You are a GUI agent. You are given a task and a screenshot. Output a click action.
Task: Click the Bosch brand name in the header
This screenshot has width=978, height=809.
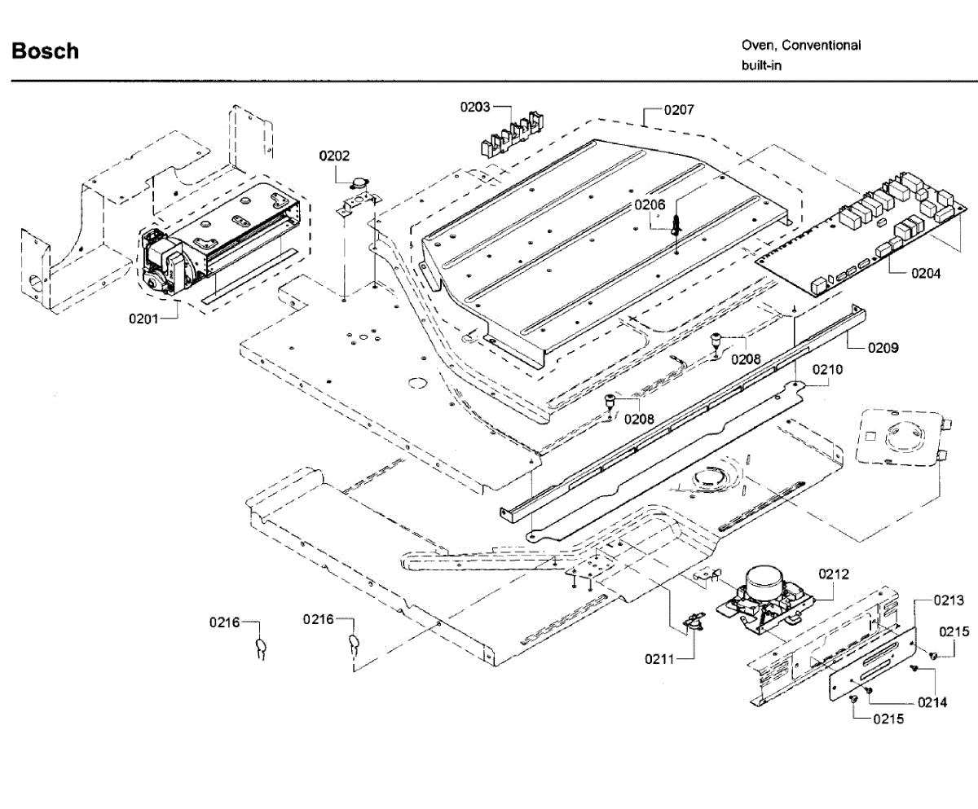click(45, 51)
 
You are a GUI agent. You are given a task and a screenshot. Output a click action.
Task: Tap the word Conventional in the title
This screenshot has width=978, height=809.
click(821, 46)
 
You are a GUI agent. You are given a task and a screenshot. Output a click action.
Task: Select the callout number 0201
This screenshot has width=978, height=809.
click(143, 319)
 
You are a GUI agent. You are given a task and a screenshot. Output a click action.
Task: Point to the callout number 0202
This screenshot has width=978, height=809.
click(334, 156)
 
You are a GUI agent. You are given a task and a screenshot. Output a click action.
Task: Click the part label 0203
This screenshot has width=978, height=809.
click(475, 108)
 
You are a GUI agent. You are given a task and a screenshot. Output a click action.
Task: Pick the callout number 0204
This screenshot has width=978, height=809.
click(926, 274)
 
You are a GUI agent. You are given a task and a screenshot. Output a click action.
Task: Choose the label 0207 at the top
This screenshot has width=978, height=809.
click(679, 110)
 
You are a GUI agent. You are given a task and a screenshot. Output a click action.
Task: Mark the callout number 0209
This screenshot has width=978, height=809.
click(883, 348)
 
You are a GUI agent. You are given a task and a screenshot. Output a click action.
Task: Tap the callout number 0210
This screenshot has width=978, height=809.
click(827, 370)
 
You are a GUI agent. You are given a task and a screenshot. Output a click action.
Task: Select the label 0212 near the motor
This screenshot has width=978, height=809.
click(834, 574)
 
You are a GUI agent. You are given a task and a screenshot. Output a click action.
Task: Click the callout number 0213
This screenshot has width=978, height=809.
click(949, 600)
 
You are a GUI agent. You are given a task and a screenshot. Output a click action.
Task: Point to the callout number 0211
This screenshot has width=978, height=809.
click(659, 659)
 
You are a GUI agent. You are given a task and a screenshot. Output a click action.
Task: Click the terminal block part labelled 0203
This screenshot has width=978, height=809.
click(512, 134)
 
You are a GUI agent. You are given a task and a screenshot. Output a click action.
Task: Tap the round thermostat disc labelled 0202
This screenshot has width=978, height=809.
click(359, 183)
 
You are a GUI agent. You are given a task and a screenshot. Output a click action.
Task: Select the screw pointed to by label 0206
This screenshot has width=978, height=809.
click(676, 226)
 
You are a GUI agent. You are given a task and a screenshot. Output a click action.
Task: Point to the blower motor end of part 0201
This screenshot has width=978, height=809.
click(161, 262)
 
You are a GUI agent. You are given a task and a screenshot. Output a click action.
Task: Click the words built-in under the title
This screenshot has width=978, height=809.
click(761, 65)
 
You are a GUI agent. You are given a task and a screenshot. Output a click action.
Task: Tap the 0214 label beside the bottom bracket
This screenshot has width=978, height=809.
click(932, 702)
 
